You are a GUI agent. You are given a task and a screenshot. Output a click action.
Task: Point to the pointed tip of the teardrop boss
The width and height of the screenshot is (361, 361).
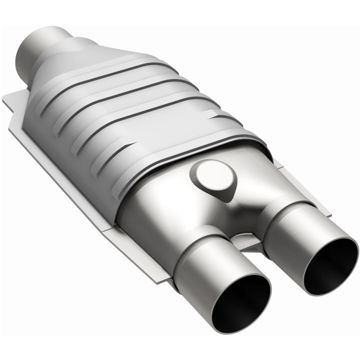tap(229, 201)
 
